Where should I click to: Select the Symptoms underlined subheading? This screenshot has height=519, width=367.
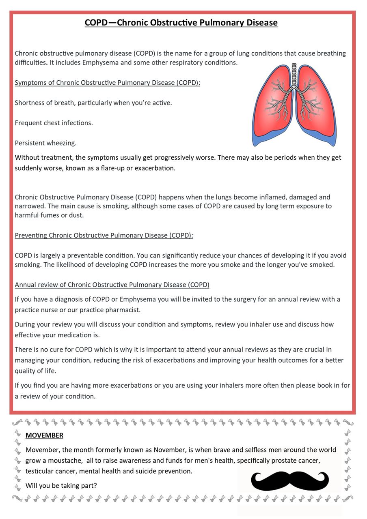[x=107, y=83]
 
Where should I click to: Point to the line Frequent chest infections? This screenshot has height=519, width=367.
[x=54, y=122]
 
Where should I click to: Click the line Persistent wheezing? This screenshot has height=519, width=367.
[x=45, y=143]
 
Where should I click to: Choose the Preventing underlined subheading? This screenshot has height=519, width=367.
[x=104, y=235]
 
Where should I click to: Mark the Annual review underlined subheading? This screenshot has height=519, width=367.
[x=112, y=285]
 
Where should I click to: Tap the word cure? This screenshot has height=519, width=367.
[x=63, y=350]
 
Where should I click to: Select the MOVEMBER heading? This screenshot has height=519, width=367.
[x=44, y=435]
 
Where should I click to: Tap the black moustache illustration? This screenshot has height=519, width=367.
[x=290, y=480]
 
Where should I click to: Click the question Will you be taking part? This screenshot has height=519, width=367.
[x=61, y=485]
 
